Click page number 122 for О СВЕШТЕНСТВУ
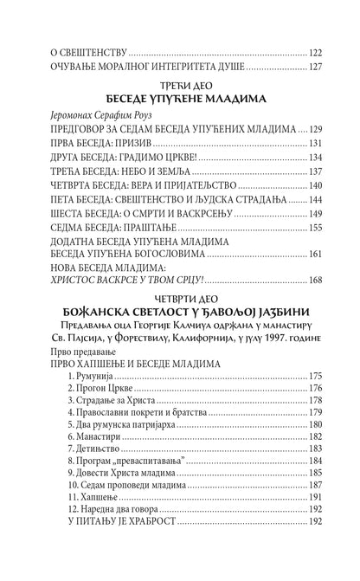[320, 49]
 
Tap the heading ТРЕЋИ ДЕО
[180, 81]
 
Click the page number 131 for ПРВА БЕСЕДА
[320, 143]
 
